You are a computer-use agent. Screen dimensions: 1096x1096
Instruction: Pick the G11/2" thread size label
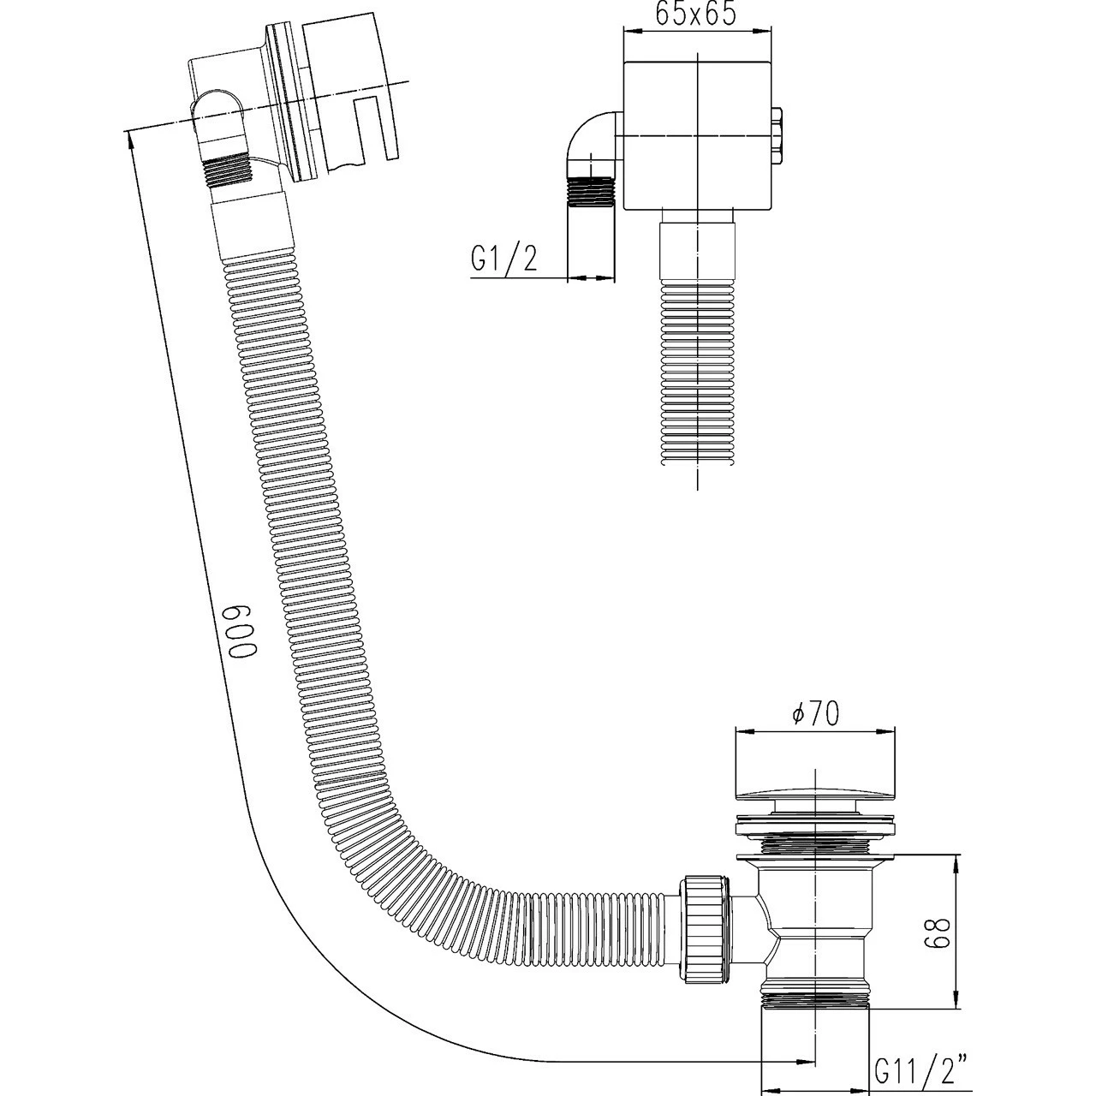click(x=920, y=1069)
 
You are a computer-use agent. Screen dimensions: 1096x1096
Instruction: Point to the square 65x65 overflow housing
click(x=698, y=135)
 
